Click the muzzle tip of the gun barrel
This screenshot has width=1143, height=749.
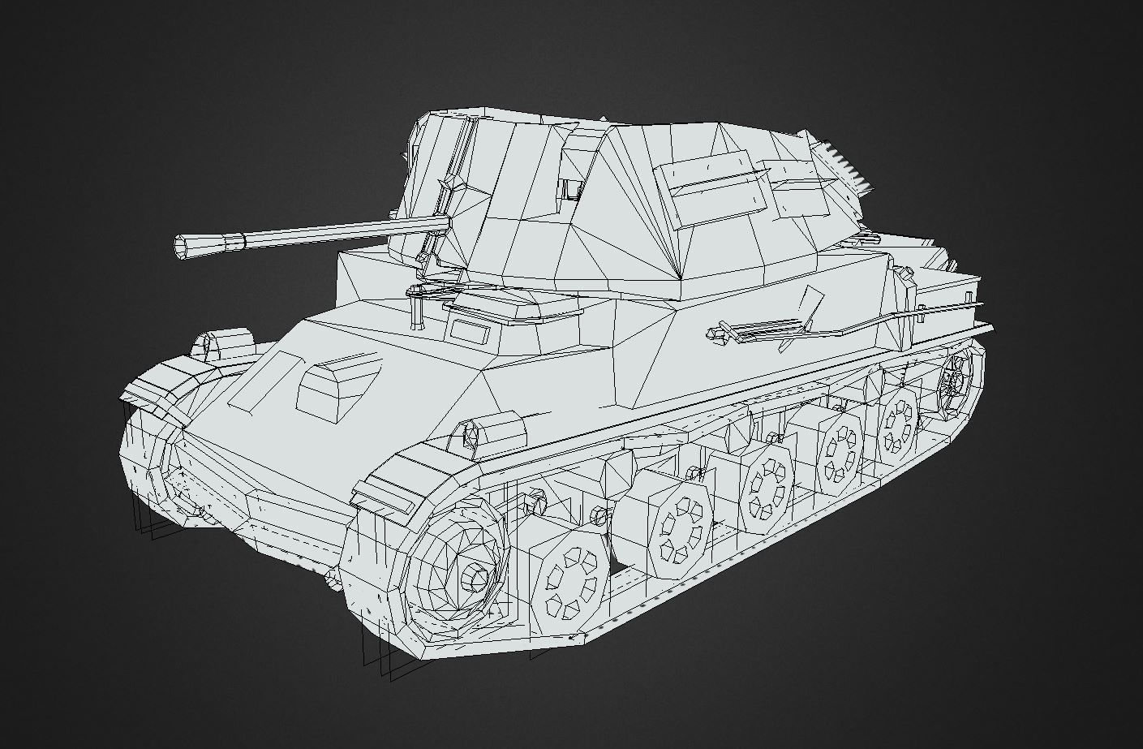(183, 246)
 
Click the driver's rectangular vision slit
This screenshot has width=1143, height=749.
(466, 330)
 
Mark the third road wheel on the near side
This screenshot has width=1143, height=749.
(765, 486)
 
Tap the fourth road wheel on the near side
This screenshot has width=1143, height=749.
(836, 451)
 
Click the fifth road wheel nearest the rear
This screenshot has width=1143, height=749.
(897, 420)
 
